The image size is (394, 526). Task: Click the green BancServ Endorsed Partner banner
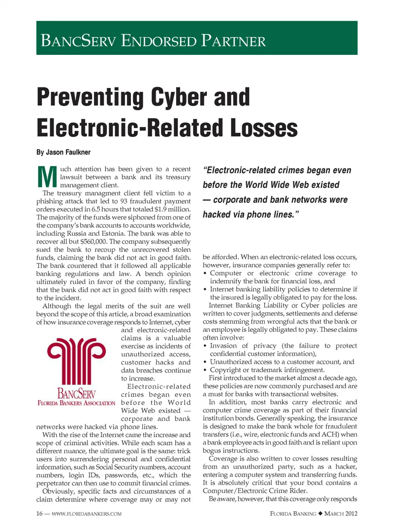point(197,38)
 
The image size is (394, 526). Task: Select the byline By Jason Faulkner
point(63,152)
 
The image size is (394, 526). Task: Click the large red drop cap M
point(47,177)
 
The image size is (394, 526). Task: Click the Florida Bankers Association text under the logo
point(76,403)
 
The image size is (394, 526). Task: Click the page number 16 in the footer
point(39,514)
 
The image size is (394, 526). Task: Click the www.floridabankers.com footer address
point(87,514)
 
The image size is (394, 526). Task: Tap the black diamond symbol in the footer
point(320,514)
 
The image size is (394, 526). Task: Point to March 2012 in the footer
point(341,514)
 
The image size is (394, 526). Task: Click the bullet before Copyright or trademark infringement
point(205,370)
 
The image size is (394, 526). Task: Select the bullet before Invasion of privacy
point(205,346)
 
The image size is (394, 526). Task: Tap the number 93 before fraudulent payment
point(124,201)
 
